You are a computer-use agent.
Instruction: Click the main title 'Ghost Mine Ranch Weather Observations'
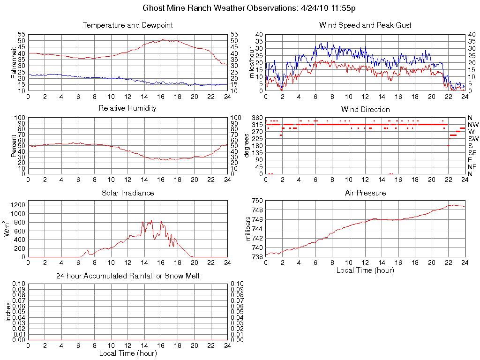pyautogui.click(x=219, y=8)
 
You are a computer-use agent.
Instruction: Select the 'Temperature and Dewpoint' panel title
pyautogui.click(x=127, y=25)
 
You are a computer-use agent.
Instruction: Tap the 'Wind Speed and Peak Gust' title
pyautogui.click(x=365, y=25)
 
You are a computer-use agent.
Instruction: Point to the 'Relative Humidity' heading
pyautogui.click(x=127, y=108)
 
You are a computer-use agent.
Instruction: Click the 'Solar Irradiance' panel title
pyautogui.click(x=127, y=193)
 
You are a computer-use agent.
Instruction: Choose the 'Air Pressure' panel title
pyautogui.click(x=365, y=193)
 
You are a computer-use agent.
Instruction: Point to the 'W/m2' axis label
pyautogui.click(x=8, y=229)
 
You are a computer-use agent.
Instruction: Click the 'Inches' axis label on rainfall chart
pyautogui.click(x=8, y=312)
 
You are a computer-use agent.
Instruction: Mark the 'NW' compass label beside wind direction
pyautogui.click(x=473, y=125)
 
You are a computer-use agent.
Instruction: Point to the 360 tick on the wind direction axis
pyautogui.click(x=257, y=117)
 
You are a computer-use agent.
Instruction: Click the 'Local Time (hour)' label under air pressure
pyautogui.click(x=365, y=270)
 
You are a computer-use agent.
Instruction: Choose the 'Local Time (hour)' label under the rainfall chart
pyautogui.click(x=127, y=353)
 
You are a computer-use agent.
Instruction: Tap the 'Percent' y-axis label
pyautogui.click(x=14, y=145)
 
